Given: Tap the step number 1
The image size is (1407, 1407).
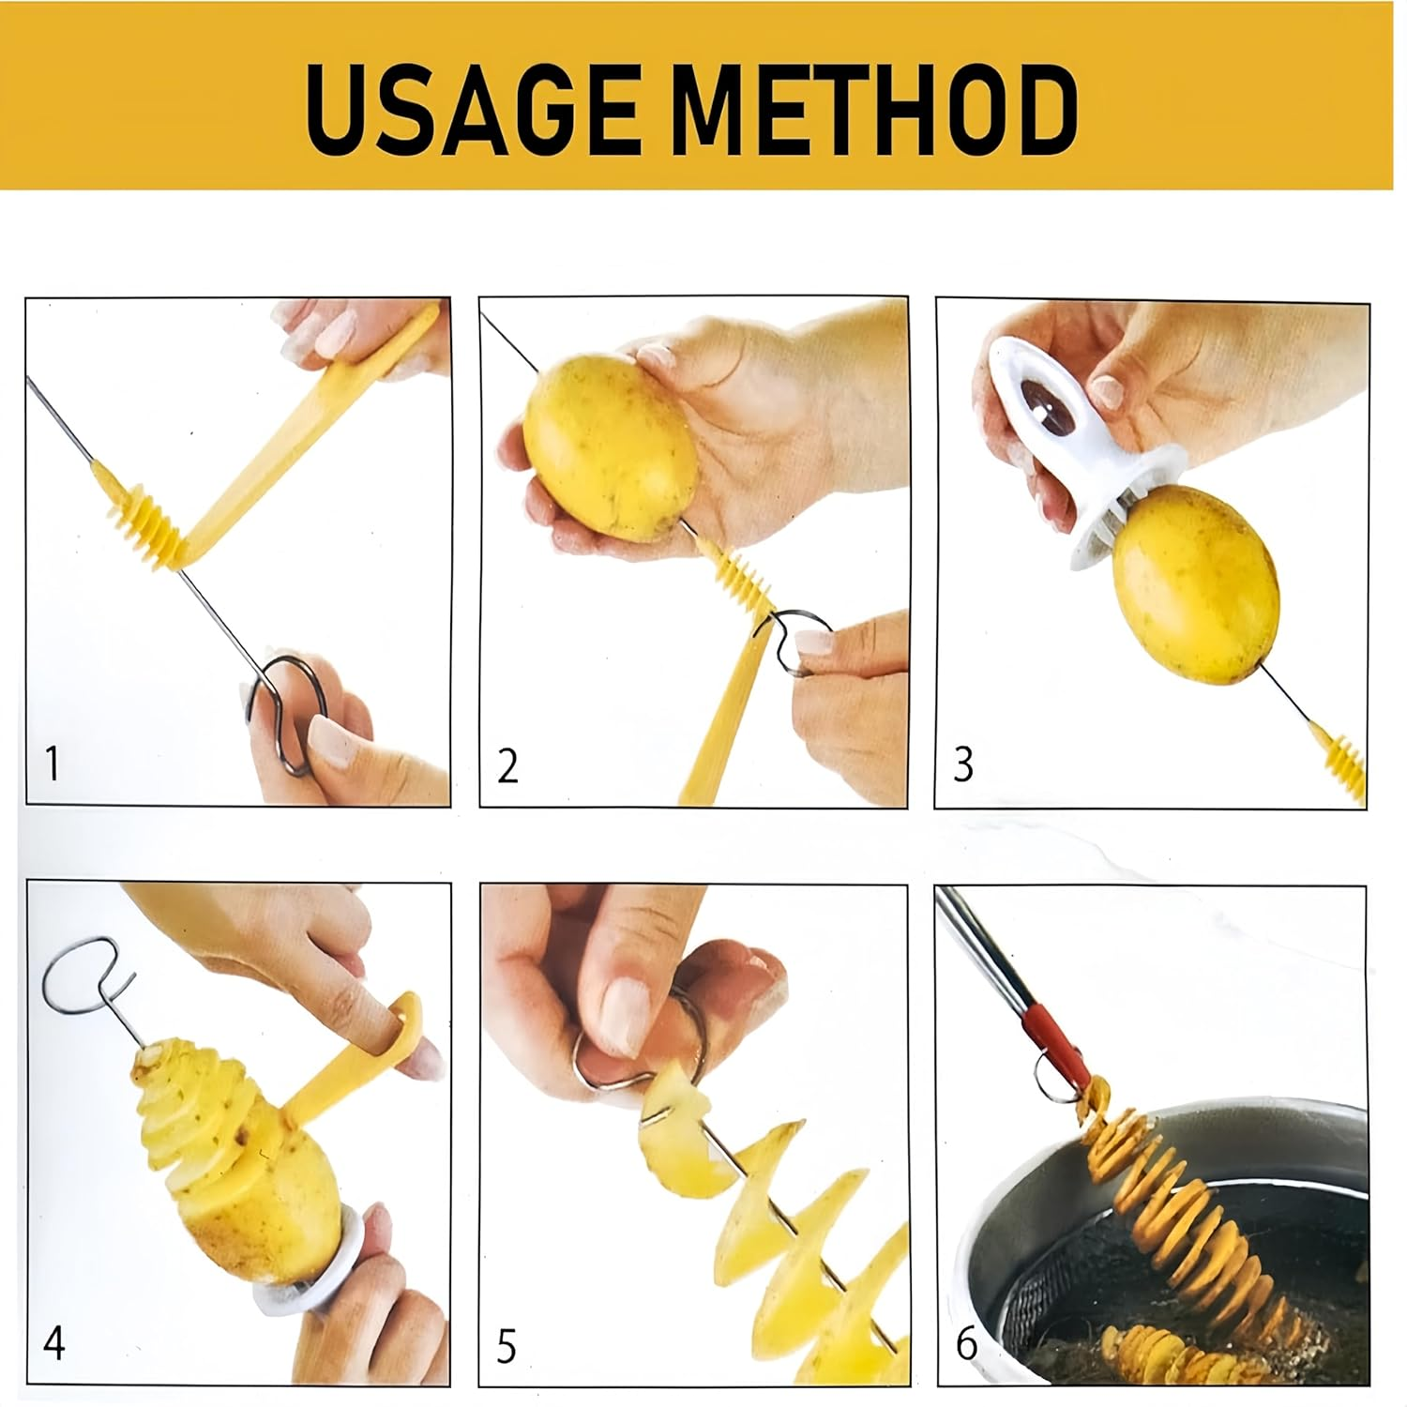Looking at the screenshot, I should pos(53,764).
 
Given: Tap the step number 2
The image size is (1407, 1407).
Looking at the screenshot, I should pos(507,765).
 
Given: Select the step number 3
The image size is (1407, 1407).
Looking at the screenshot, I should pos(963,764).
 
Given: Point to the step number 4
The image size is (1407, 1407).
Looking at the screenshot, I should pos(54,1343).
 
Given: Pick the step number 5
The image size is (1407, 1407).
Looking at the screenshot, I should pos(507,1347).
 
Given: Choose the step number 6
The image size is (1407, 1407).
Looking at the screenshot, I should pos(966,1344).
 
